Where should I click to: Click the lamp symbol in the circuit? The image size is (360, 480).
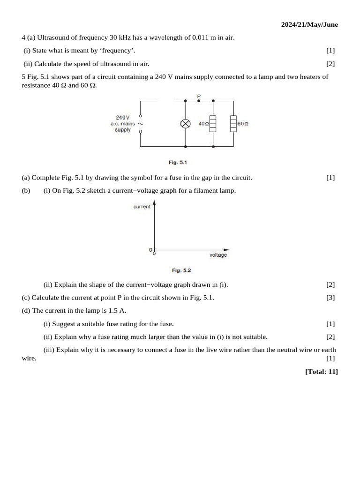point(186,124)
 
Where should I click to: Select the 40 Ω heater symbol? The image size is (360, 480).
point(213,124)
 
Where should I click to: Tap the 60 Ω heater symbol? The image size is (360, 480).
point(233,124)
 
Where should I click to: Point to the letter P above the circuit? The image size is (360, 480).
point(199,96)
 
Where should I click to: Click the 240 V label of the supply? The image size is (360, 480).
point(123,117)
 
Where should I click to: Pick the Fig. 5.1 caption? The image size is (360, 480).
point(178,163)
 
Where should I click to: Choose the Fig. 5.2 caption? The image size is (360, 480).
point(181,270)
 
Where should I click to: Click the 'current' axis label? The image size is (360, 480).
point(142,207)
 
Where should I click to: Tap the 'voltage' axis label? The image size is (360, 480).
point(218,255)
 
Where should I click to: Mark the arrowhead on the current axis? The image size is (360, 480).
point(154,203)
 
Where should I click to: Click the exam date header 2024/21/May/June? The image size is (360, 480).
point(309,24)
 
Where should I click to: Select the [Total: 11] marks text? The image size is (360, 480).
point(321,372)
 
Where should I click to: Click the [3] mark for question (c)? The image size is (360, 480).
point(330,298)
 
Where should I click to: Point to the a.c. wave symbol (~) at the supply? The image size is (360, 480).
point(140,124)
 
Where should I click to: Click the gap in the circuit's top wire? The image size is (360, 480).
point(166,100)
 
